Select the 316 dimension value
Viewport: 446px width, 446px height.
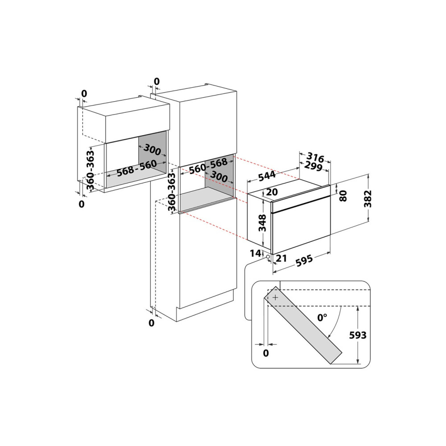click(315, 157)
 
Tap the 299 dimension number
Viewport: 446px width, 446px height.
click(313, 166)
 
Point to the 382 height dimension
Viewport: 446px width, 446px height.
click(368, 198)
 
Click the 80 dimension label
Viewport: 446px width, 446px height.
click(343, 196)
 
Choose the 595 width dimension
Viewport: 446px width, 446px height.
click(304, 261)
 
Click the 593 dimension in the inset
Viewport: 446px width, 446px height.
click(358, 335)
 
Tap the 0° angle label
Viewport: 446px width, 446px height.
click(322, 318)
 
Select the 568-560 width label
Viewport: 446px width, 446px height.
click(137, 168)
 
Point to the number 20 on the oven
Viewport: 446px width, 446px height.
click(272, 192)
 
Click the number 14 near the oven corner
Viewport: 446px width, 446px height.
click(256, 253)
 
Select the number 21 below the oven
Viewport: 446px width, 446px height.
click(281, 258)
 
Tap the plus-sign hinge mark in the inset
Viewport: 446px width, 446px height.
click(275, 297)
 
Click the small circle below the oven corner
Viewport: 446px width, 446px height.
click(268, 257)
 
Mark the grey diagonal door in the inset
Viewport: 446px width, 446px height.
click(303, 325)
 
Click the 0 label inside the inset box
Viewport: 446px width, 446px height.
click(266, 353)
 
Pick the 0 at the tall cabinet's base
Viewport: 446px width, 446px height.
click(151, 323)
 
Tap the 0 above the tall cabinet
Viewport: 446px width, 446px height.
click(157, 81)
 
